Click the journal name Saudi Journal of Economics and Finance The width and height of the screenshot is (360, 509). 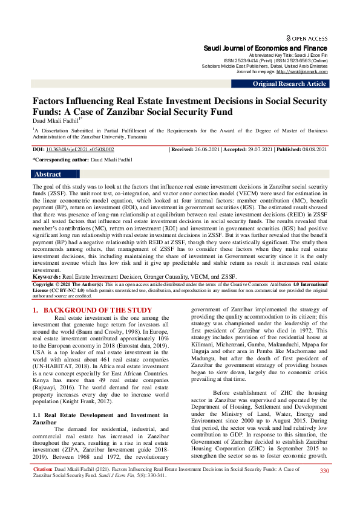[x=266, y=48]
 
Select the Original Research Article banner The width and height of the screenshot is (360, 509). [x=289, y=83]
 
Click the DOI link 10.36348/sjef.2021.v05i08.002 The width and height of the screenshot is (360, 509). [x=80, y=149]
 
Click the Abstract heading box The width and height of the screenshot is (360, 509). [x=48, y=174]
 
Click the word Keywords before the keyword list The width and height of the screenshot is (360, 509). [x=47, y=276]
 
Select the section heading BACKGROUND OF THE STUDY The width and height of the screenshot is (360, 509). [x=97, y=310]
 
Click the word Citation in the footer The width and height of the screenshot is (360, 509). [x=43, y=485]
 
